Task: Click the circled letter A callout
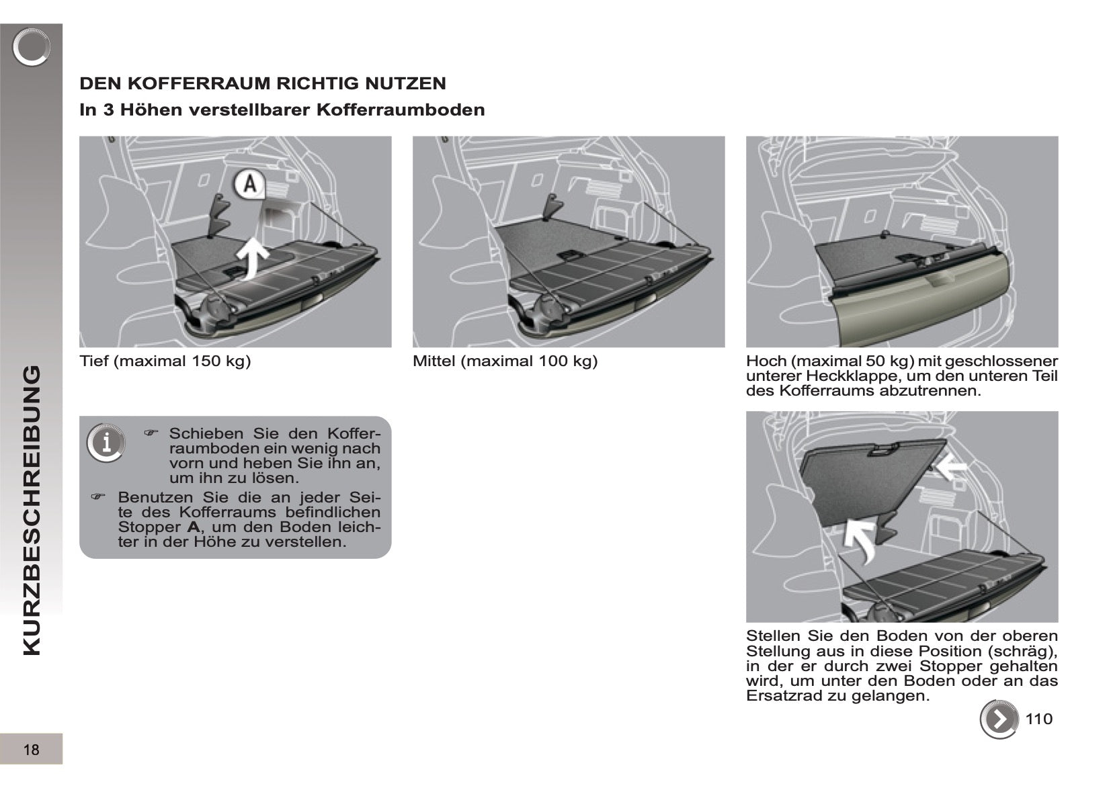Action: (x=249, y=183)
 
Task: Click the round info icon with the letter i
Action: (x=106, y=443)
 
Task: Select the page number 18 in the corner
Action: (x=31, y=750)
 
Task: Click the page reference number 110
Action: (x=1038, y=719)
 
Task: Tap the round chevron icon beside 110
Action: (x=999, y=719)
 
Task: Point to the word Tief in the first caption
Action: (x=94, y=361)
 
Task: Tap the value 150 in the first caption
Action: (x=206, y=361)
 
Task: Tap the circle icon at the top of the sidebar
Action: (x=31, y=48)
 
